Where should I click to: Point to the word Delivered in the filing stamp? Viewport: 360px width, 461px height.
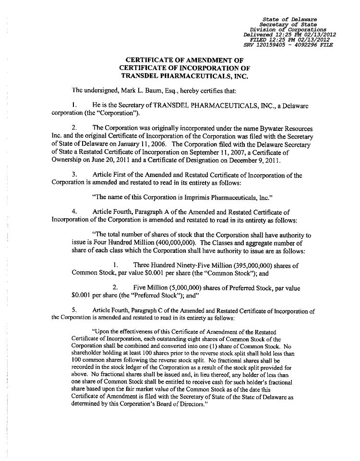point(259,35)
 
